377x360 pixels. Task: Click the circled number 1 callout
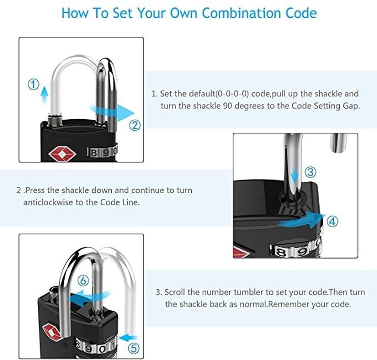pos(34,84)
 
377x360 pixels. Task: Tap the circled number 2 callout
pos(135,126)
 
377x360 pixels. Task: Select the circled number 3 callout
pos(310,172)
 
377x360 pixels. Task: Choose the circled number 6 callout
pos(83,281)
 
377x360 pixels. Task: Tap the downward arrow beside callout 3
pos(294,177)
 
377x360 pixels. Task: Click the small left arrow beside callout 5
pos(128,338)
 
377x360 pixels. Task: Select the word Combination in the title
pos(242,13)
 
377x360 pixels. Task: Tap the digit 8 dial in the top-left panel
pos(94,153)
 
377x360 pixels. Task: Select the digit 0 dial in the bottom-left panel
pos(102,349)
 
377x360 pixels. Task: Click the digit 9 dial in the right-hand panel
pos(302,251)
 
